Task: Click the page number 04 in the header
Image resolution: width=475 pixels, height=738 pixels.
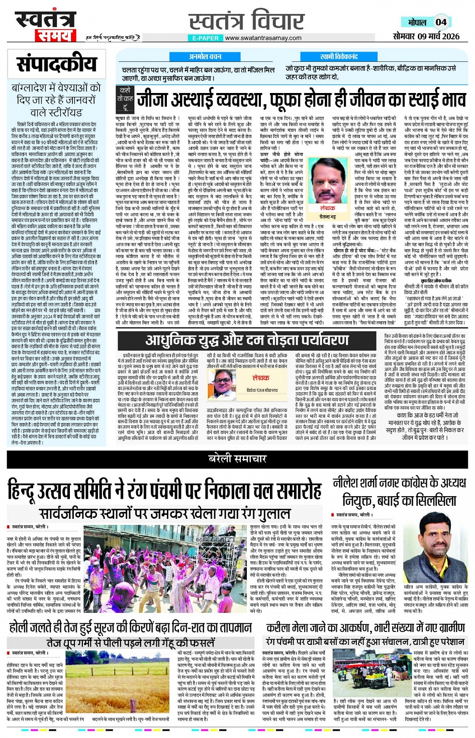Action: [440, 22]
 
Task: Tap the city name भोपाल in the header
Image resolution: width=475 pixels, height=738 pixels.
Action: [417, 23]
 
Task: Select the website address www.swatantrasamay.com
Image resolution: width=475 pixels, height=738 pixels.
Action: [264, 38]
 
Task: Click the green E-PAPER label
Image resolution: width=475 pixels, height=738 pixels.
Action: [206, 38]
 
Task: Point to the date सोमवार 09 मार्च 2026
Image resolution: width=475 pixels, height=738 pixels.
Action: [426, 36]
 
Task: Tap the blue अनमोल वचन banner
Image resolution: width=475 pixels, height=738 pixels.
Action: [205, 57]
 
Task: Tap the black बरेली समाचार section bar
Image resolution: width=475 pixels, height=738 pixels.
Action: [237, 458]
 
